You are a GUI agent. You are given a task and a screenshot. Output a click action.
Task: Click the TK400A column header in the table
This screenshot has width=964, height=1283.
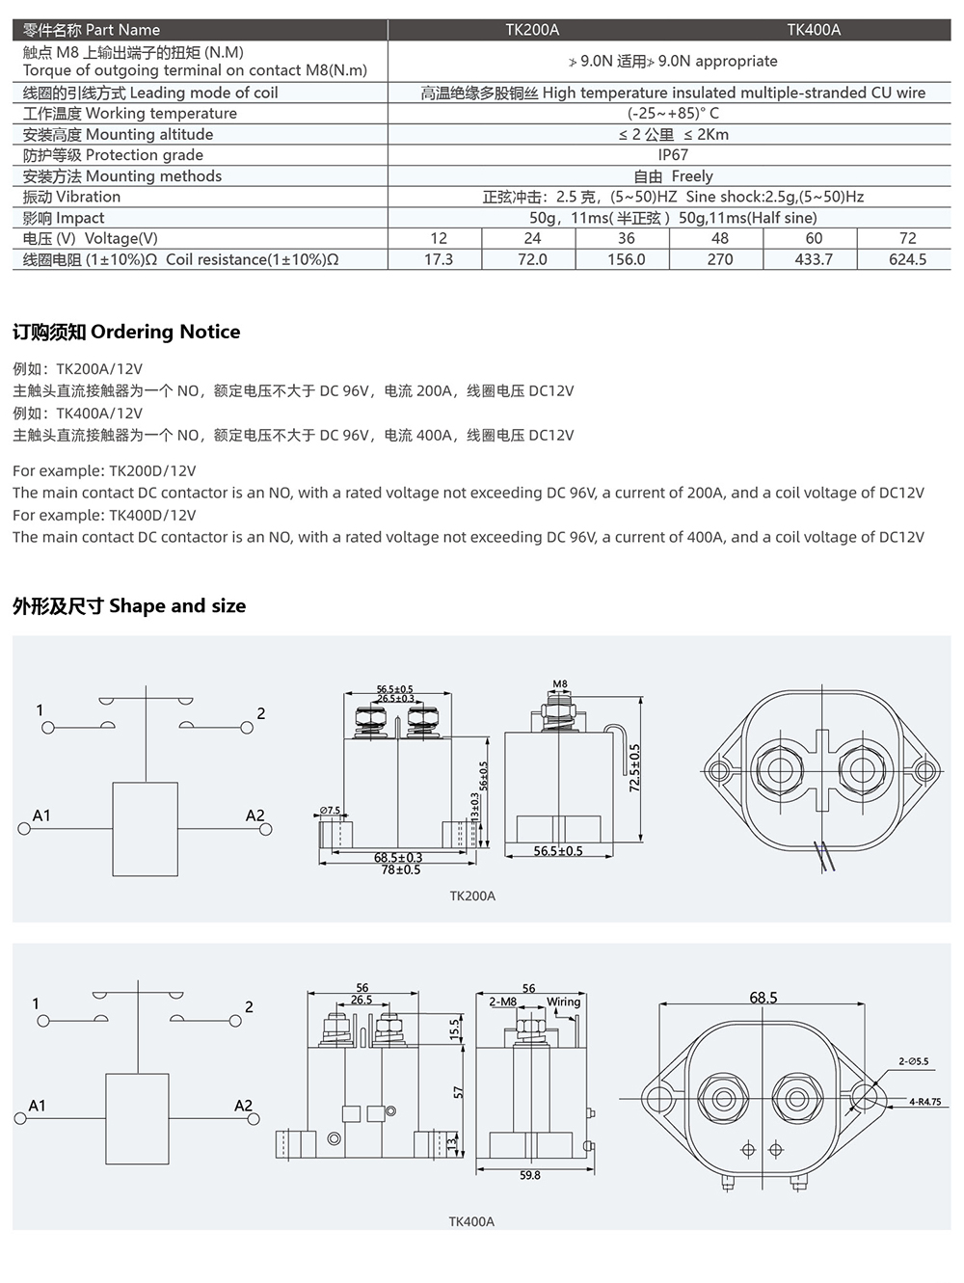814,30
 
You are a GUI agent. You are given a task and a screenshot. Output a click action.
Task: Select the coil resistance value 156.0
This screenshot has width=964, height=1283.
626,259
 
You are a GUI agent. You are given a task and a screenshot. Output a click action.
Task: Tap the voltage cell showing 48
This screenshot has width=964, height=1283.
719,238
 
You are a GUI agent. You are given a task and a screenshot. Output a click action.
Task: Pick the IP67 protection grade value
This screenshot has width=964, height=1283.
672,155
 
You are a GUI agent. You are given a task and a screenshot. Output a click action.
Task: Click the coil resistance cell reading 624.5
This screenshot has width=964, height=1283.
907,259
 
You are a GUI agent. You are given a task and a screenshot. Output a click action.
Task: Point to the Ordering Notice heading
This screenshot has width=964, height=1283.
126,332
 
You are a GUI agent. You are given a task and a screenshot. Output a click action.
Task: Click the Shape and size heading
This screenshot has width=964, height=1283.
129,606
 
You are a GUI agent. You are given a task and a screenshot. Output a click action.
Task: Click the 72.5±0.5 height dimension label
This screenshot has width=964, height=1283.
634,768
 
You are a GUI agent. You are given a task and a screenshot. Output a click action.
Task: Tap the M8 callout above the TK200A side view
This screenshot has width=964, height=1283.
560,684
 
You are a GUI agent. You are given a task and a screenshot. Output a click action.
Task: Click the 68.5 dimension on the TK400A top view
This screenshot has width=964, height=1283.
763,998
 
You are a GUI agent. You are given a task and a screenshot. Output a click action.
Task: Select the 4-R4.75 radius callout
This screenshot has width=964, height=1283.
924,1101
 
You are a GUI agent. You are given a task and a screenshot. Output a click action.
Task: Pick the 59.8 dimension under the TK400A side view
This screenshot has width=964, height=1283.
529,1175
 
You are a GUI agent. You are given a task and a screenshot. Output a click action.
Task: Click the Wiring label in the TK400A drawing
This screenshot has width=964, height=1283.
563,1002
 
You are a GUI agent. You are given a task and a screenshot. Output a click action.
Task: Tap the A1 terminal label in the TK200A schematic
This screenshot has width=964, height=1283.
41,815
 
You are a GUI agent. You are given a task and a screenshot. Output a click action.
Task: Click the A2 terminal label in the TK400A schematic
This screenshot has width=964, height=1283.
243,1106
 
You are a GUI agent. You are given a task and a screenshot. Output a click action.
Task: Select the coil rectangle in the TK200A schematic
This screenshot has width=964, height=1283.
146,829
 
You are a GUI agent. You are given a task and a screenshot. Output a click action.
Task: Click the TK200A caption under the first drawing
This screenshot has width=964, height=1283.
472,896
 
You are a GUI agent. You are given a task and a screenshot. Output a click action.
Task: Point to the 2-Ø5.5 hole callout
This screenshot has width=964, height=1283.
913,1061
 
